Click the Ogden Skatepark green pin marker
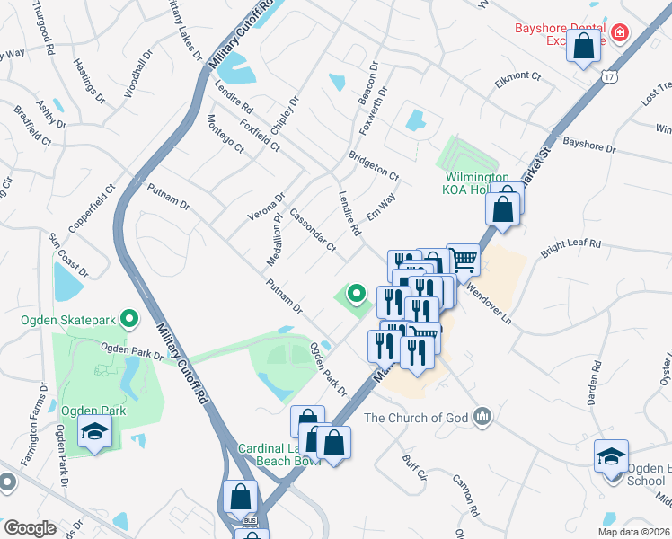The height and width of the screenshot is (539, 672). pyautogui.click(x=128, y=318)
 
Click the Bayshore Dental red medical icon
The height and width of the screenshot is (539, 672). pyautogui.click(x=620, y=34)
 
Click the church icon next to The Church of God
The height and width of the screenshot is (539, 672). pyautogui.click(x=484, y=416)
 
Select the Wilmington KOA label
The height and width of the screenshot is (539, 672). pyautogui.click(x=476, y=183)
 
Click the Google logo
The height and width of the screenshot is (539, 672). pyautogui.click(x=29, y=528)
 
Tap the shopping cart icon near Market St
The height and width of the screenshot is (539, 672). pyautogui.click(x=463, y=260)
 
